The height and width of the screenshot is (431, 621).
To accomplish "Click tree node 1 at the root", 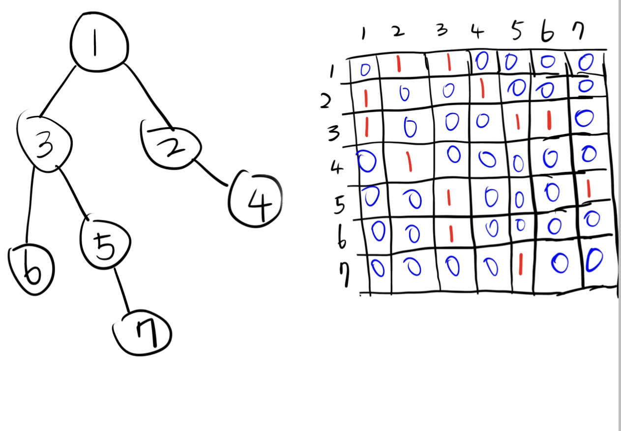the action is click(99, 44).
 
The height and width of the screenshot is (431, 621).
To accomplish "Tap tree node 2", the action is click(172, 143).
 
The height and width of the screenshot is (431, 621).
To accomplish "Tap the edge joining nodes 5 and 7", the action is click(122, 290).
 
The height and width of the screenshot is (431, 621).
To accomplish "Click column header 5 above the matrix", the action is click(515, 32).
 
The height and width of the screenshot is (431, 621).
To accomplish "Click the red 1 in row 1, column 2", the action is click(398, 66).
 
